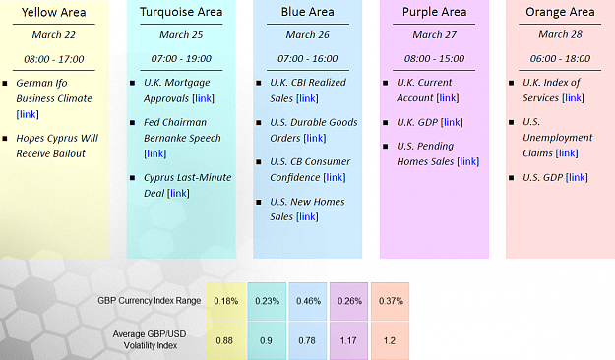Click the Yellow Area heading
click(x=54, y=12)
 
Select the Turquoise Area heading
click(x=181, y=12)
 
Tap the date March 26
click(x=307, y=34)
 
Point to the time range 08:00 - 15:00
click(x=435, y=59)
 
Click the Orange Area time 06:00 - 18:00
click(x=560, y=59)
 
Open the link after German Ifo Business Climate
click(x=28, y=114)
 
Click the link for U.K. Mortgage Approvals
click(x=203, y=98)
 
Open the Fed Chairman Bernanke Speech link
click(x=154, y=153)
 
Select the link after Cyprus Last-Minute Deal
click(x=178, y=193)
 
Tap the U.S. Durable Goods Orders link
click(x=315, y=138)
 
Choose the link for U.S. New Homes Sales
click(x=307, y=216)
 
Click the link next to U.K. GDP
click(x=452, y=122)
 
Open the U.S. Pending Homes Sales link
click(x=468, y=161)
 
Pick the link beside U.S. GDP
click(x=577, y=177)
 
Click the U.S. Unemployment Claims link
click(x=567, y=153)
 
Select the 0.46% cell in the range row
click(x=308, y=301)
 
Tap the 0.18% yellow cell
click(x=226, y=301)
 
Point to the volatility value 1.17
click(x=348, y=340)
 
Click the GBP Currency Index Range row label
click(x=149, y=301)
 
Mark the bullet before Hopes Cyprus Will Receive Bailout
click(x=5, y=139)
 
